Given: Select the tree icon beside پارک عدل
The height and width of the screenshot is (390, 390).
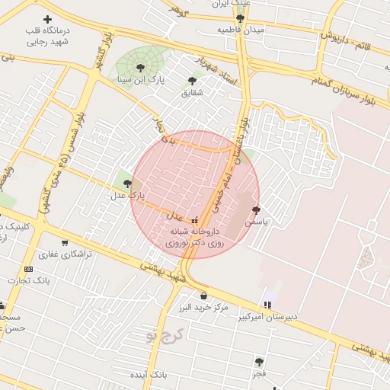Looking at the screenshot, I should (127, 183).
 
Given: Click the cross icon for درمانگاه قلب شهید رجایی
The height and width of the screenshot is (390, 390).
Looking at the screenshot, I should (48, 19).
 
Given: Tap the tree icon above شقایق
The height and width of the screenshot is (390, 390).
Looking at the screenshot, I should (192, 80).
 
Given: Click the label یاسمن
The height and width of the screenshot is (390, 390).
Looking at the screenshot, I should (255, 222).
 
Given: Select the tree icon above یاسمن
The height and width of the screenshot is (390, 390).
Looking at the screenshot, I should (255, 209).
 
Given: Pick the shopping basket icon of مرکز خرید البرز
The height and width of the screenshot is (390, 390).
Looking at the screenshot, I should (203, 295).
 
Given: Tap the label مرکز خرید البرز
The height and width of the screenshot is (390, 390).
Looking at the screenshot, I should (203, 308).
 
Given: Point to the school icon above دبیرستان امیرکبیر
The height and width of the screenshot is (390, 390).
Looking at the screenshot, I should (266, 304).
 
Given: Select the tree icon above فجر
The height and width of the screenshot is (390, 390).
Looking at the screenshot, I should (259, 362).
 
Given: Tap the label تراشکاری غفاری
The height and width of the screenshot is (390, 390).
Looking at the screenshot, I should (66, 254).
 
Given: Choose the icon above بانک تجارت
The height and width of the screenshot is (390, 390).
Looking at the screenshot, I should (29, 269).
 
